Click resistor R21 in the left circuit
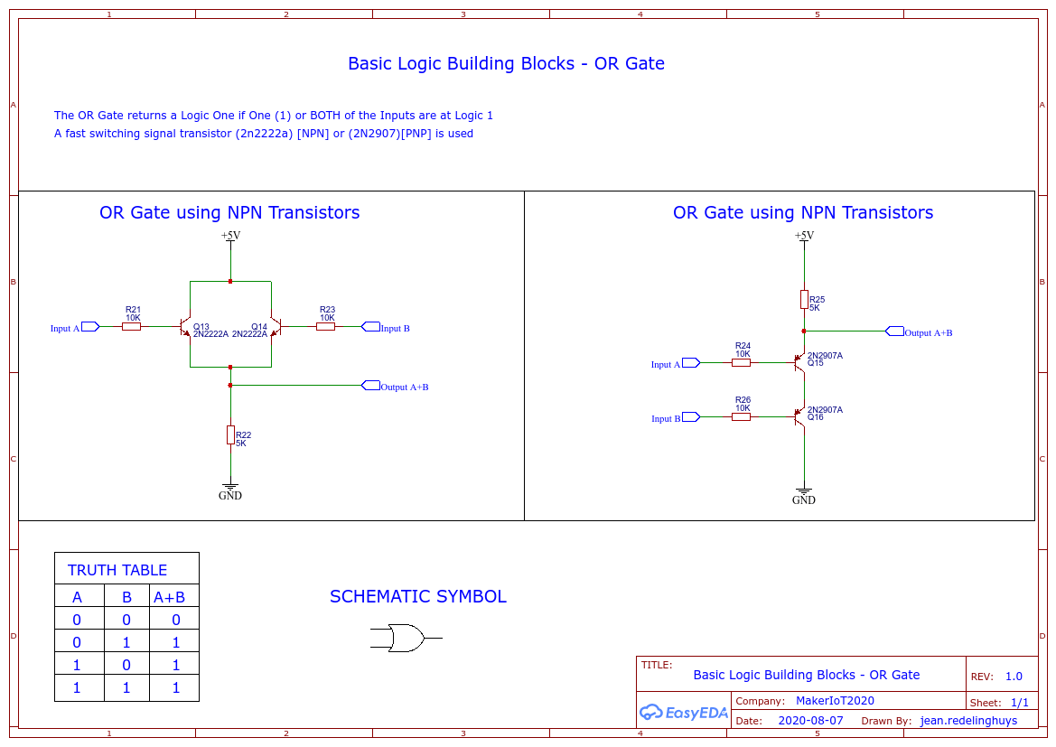pyautogui.click(x=131, y=327)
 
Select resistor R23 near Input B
pyautogui.click(x=325, y=327)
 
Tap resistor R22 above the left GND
pyautogui.click(x=230, y=434)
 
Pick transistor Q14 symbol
pyautogui.click(x=276, y=327)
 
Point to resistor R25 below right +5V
pyautogui.click(x=804, y=299)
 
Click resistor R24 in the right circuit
pyautogui.click(x=741, y=362)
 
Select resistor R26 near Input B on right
pyautogui.click(x=741, y=416)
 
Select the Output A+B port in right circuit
pyautogui.click(x=895, y=331)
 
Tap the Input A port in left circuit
pyautogui.click(x=90, y=327)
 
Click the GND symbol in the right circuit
pyautogui.click(x=804, y=496)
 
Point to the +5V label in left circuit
pyautogui.click(x=230, y=236)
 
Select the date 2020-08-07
pyautogui.click(x=810, y=721)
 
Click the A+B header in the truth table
pyautogui.click(x=169, y=597)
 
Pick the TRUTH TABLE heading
pyautogui.click(x=117, y=570)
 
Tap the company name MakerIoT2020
pyautogui.click(x=835, y=701)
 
